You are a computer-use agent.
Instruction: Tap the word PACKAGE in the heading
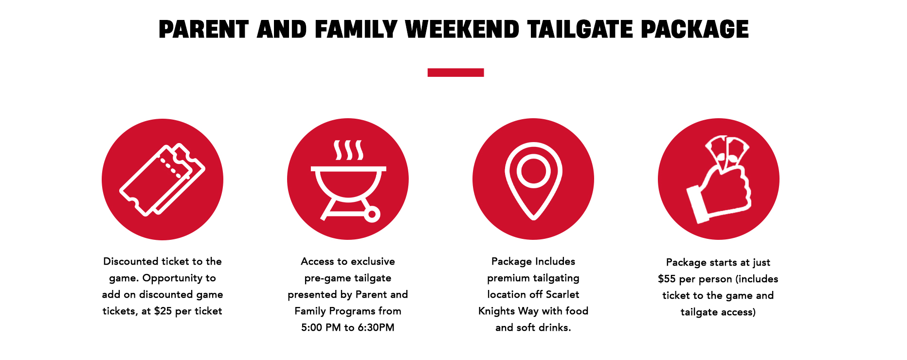pyautogui.click(x=694, y=29)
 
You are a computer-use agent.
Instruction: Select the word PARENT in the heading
pyautogui.click(x=204, y=29)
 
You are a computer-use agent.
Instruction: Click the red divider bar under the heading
pyautogui.click(x=455, y=72)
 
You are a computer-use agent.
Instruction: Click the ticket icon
pyautogui.click(x=162, y=180)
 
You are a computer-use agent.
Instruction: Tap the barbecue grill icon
pyautogui.click(x=348, y=180)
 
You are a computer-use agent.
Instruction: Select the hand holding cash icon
pyautogui.click(x=719, y=179)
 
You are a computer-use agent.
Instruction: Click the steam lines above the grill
pyautogui.click(x=348, y=150)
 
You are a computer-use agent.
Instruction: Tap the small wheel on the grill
pyautogui.click(x=372, y=214)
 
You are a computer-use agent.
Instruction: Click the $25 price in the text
pyautogui.click(x=163, y=311)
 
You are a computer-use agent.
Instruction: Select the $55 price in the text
pyautogui.click(x=667, y=279)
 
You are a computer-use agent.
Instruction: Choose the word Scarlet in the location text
pyautogui.click(x=562, y=294)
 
